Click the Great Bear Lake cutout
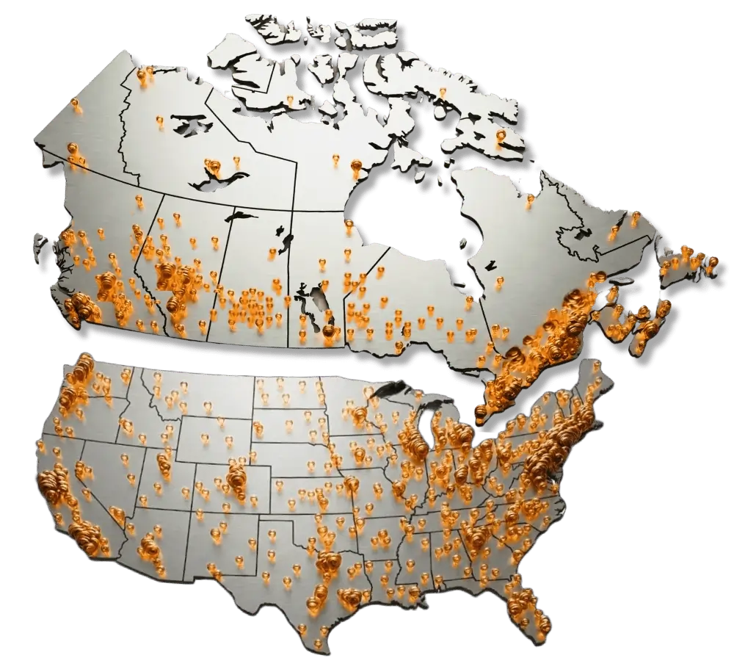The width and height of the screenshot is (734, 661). click(187, 123)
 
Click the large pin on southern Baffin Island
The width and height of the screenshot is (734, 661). click(501, 136)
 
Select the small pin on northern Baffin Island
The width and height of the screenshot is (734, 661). click(443, 92)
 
